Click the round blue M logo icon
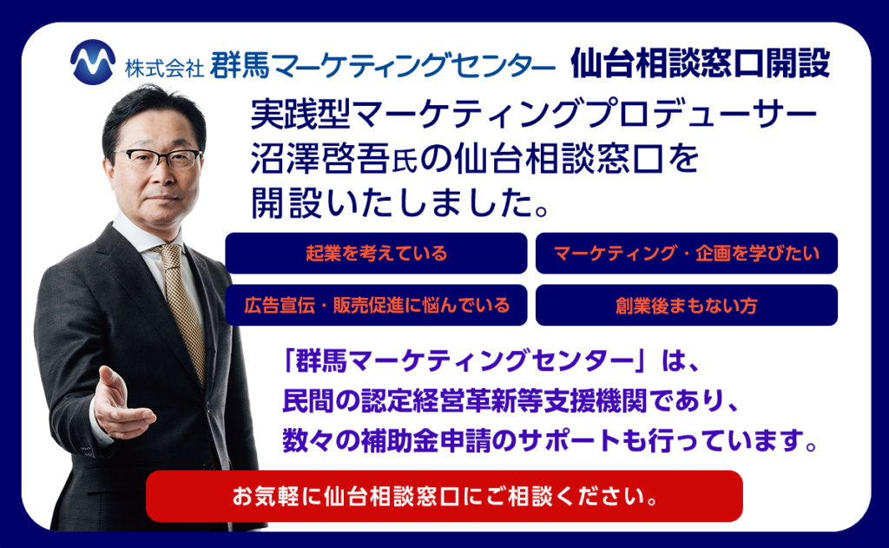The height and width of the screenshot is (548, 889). (93, 63)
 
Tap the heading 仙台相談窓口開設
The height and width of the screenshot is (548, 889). (700, 63)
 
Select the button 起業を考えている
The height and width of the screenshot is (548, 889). (376, 254)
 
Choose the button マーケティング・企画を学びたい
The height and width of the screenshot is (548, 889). (686, 254)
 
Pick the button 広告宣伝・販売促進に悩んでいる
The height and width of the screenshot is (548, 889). (376, 305)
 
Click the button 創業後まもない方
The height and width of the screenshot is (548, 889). (686, 305)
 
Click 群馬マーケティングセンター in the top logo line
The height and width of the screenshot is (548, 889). (382, 65)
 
